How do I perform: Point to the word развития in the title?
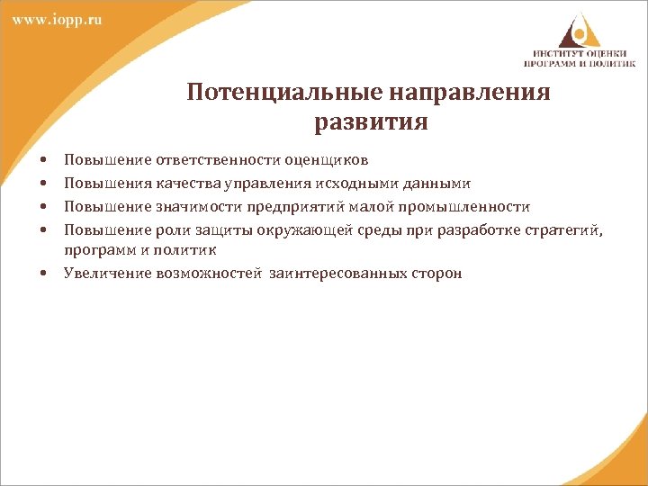370,121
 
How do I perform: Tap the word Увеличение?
98,273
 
